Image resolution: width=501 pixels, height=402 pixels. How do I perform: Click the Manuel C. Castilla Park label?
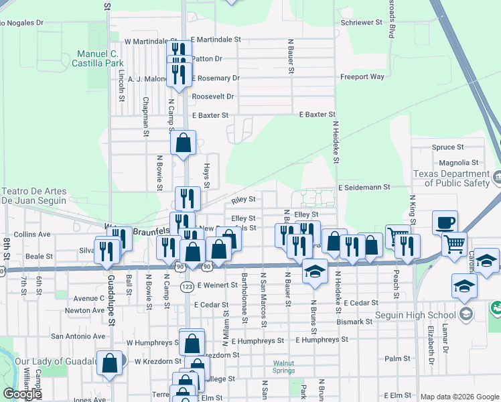coord(97,58)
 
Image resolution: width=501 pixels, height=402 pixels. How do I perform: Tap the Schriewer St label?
coord(360,22)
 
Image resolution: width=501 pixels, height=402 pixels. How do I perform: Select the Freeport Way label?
coord(362,77)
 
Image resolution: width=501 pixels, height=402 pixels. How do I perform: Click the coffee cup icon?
coord(445,222)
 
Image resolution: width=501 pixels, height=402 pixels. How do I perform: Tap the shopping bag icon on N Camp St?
coord(184,144)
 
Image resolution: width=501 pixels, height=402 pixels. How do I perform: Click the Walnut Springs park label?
coord(283,366)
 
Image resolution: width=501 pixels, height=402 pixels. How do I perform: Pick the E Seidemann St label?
coord(364,188)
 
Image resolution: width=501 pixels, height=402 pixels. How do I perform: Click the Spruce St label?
coord(447,147)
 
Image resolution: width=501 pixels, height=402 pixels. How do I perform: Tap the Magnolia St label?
coord(458,162)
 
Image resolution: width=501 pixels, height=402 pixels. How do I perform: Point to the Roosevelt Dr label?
coord(212,96)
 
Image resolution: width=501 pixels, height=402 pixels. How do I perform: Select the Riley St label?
coord(243,200)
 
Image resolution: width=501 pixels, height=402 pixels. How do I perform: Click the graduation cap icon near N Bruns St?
coord(314,271)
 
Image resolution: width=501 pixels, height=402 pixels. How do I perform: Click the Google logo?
coord(22,395)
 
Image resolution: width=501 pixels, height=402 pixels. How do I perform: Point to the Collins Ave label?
coord(32,234)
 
